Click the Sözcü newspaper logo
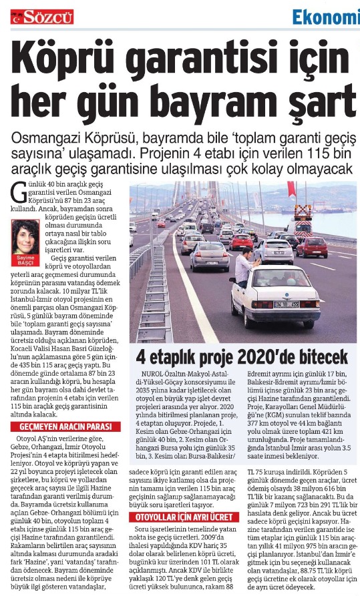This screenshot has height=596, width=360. pos(42,17)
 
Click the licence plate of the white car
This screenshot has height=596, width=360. pos(285,304)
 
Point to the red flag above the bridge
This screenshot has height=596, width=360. pos(291,188)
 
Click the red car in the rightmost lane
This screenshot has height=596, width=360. pos(312,247)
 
